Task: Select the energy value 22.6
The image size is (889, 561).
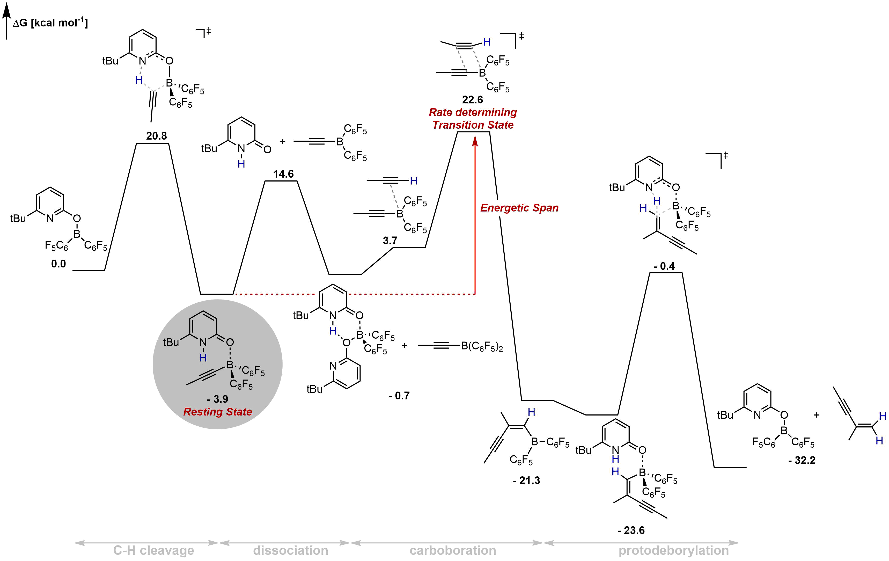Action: coord(473,100)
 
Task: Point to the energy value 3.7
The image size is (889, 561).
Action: coord(390,241)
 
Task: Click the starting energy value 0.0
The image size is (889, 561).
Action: coord(58,264)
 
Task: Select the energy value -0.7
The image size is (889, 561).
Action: coord(399,396)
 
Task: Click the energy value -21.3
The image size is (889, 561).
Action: coord(526,480)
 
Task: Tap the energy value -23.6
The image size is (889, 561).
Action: coord(631,530)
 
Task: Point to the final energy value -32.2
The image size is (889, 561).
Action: coord(802,460)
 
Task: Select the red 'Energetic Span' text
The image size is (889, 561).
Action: coord(519,208)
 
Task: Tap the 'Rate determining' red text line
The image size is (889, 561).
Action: coord(473,112)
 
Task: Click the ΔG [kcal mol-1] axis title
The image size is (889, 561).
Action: coord(50,23)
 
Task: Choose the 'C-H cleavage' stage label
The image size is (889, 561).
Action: coord(153,550)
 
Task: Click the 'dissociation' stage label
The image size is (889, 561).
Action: coord(291,550)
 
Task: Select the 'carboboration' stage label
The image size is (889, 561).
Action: coord(453,550)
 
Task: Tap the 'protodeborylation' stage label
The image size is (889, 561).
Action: coord(674,550)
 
